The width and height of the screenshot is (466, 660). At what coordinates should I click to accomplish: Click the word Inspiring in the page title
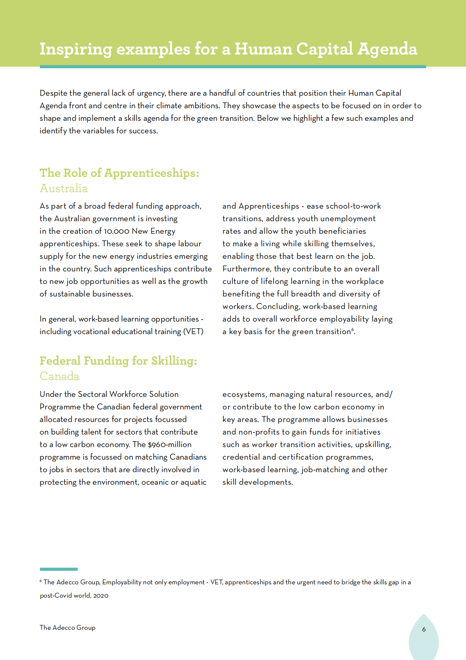[x=76, y=49]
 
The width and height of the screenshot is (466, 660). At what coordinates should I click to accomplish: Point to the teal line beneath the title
[x=233, y=67]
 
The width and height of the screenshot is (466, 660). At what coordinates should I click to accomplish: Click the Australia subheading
[x=63, y=188]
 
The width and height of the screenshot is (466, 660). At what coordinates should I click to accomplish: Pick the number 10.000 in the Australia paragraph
[x=116, y=231]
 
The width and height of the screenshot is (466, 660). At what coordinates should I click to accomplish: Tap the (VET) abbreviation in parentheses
[x=193, y=332]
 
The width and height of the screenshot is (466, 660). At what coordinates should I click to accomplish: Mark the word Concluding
[x=278, y=307]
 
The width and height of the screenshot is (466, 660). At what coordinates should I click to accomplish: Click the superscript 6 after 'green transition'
[x=352, y=329]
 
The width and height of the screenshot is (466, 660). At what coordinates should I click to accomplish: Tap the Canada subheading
[x=60, y=376]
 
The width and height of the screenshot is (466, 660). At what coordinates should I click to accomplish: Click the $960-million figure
[x=170, y=445]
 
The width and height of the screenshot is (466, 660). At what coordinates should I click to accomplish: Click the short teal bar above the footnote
[x=59, y=569]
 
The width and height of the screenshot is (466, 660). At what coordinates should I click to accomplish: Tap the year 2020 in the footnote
[x=101, y=596]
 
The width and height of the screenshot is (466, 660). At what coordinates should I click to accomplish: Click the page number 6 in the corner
[x=424, y=629]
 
